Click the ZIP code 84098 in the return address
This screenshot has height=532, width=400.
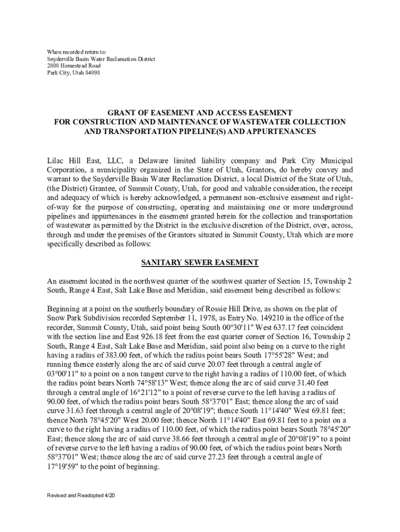click(92, 73)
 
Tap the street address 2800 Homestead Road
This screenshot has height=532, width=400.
click(74, 66)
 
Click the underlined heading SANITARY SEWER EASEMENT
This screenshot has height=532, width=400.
click(199, 262)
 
